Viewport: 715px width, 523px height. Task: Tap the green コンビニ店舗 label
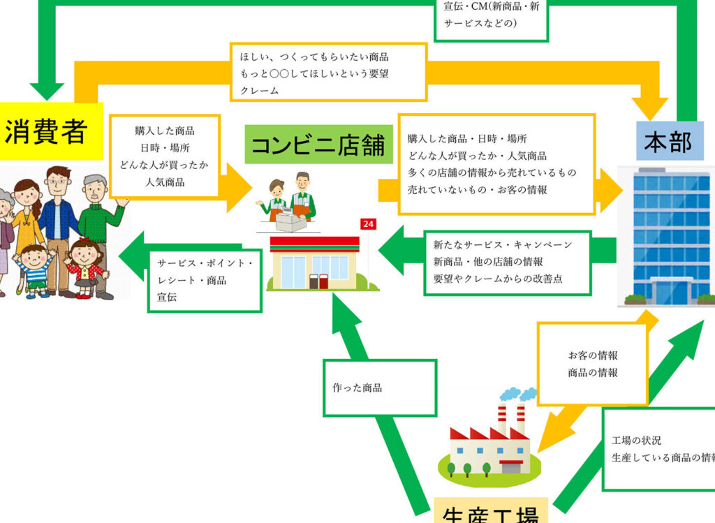click(x=318, y=145)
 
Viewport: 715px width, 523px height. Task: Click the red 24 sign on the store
click(x=368, y=224)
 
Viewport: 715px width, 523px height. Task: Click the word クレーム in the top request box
click(x=259, y=90)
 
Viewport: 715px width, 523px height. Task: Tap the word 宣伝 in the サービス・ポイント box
click(x=167, y=296)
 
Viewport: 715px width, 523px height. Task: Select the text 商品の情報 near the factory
click(x=593, y=372)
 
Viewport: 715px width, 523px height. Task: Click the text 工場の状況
click(x=636, y=441)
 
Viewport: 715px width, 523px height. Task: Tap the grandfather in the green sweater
click(x=98, y=223)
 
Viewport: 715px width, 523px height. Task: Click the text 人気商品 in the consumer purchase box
click(x=165, y=182)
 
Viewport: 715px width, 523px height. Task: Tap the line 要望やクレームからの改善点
click(x=498, y=278)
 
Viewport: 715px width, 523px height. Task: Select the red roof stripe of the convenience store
click(x=314, y=242)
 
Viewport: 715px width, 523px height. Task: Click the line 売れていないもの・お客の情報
click(x=478, y=189)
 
